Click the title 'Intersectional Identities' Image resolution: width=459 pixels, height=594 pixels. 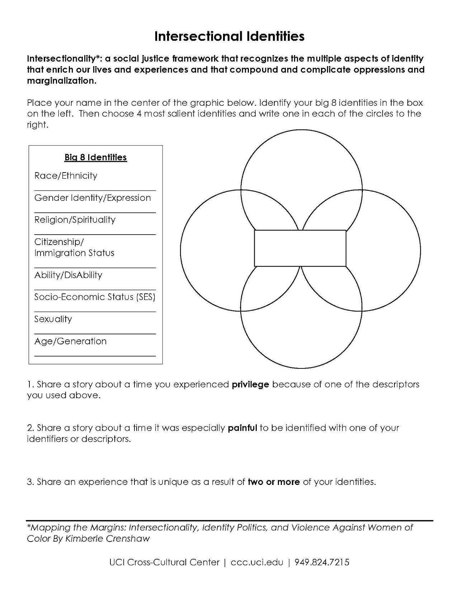[229, 36]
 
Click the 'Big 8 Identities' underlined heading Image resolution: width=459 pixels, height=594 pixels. [95, 157]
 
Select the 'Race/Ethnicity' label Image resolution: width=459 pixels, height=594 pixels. [66, 176]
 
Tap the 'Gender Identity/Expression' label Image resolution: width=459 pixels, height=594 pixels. [93, 198]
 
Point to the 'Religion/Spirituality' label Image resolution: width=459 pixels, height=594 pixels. [75, 220]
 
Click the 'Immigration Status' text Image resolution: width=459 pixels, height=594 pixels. [74, 253]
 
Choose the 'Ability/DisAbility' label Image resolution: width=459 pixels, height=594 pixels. [68, 275]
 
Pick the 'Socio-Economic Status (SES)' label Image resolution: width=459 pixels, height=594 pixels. [95, 297]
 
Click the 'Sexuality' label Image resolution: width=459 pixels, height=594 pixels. [53, 319]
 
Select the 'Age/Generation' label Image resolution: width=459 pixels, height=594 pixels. [70, 341]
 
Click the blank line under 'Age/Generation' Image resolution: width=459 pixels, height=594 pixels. [95, 356]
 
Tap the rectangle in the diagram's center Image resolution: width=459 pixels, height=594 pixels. [300, 248]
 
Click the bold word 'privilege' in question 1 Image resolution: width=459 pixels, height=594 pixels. [250, 385]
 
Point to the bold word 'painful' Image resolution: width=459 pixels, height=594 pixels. [242, 428]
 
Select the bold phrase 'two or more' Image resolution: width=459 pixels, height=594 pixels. [274, 482]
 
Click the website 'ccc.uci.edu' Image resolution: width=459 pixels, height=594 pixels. [257, 562]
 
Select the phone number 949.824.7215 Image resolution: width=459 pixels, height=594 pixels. [322, 562]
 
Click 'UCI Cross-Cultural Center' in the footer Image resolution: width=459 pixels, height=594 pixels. [164, 562]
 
